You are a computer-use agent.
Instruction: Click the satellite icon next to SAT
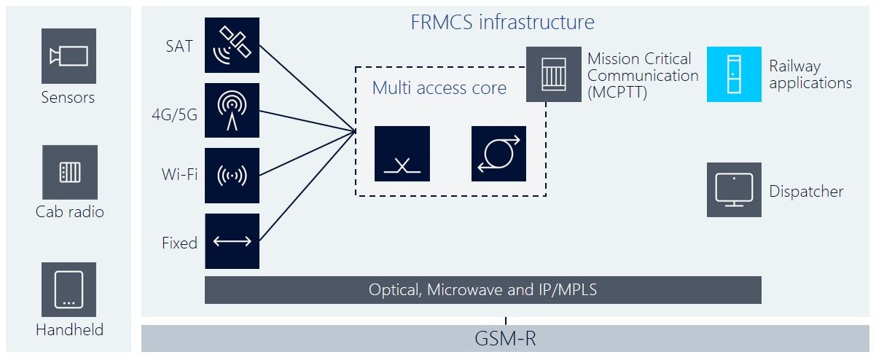(x=232, y=45)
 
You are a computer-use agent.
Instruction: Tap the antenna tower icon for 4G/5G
(x=232, y=110)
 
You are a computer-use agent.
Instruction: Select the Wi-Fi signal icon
(x=232, y=176)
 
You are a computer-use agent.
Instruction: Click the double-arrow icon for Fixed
(x=232, y=241)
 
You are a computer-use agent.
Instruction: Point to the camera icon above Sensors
(x=69, y=56)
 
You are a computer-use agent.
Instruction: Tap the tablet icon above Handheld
(x=69, y=289)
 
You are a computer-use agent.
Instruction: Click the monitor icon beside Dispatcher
(x=734, y=189)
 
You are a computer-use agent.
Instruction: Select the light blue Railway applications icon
(x=734, y=74)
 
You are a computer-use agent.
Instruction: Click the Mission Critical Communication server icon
(x=553, y=74)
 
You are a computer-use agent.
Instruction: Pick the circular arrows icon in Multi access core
(x=498, y=154)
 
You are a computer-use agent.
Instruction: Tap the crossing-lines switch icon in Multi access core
(x=402, y=154)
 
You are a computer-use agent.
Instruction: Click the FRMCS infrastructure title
(x=502, y=23)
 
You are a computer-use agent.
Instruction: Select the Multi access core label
(x=439, y=88)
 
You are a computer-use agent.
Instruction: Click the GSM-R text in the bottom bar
(x=506, y=340)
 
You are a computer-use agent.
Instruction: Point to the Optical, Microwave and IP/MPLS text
(x=482, y=290)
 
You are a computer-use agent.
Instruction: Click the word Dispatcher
(x=806, y=192)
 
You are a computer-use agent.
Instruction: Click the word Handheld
(x=69, y=329)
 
